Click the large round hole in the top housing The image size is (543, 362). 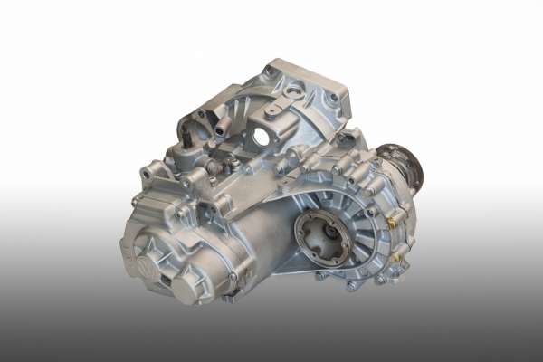(x=262, y=137)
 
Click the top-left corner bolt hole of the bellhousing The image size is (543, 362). (x=268, y=70)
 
